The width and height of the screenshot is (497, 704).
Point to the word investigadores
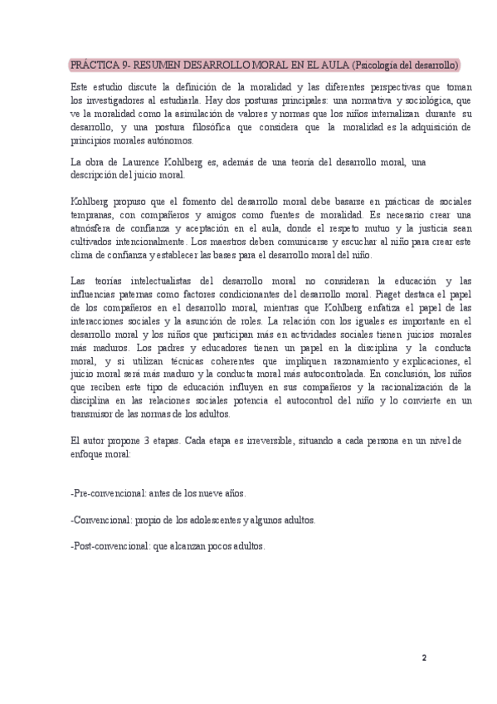click(x=113, y=100)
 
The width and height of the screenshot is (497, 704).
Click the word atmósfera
click(x=91, y=228)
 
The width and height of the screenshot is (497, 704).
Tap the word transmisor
click(x=95, y=414)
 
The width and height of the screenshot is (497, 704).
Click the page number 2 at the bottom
click(x=423, y=658)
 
